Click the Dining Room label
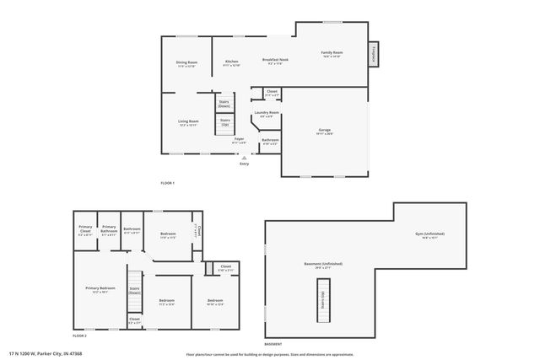point(186,62)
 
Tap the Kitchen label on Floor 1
point(231,62)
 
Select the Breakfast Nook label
point(276,60)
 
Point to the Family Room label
point(332,53)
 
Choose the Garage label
point(324,130)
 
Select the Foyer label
point(239,139)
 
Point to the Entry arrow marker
point(244,157)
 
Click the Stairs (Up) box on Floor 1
point(225,122)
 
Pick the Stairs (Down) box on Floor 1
point(224,103)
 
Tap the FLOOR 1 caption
point(167,183)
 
